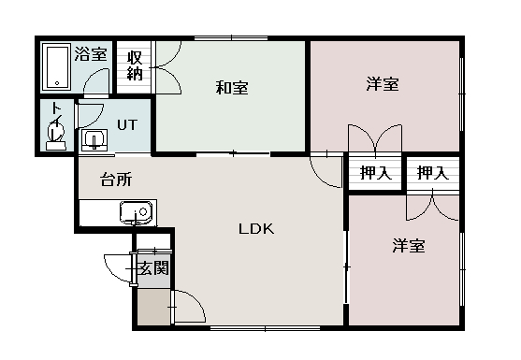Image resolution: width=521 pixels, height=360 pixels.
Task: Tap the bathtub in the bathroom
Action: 56,67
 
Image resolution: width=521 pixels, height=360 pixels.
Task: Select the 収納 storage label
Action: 135,66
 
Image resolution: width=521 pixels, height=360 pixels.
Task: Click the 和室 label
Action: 231,88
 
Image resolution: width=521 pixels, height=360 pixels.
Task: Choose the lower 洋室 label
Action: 409,246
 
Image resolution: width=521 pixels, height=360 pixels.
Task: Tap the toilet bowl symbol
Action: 55,137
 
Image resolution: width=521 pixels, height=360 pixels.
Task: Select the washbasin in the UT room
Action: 94,140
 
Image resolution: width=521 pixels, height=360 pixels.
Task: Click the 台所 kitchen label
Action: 115,180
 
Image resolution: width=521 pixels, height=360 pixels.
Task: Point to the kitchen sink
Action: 136,213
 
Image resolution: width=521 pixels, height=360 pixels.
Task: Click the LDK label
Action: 254,228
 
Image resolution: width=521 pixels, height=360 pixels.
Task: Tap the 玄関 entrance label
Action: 152,270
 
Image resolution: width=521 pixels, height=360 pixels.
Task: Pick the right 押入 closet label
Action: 432,172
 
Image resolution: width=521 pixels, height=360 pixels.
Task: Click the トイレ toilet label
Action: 57,114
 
